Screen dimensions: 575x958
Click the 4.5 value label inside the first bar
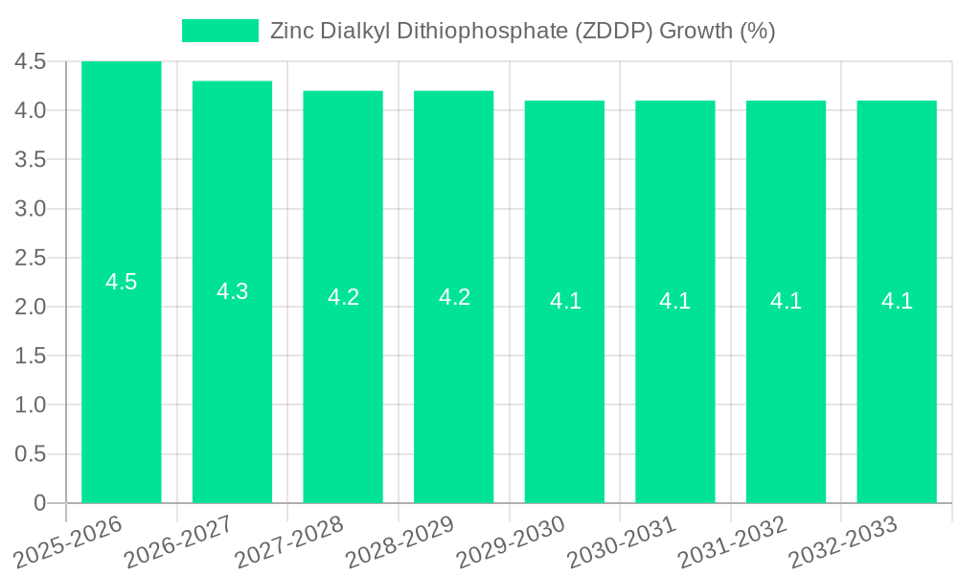tap(122, 282)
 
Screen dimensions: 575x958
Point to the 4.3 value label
tap(232, 291)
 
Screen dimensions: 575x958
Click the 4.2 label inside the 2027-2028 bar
tap(343, 297)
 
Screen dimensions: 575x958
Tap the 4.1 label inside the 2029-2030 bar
tap(565, 301)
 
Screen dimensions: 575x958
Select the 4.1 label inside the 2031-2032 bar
tap(786, 301)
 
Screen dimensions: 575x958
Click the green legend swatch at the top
tap(220, 31)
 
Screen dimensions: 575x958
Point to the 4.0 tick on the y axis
tap(31, 110)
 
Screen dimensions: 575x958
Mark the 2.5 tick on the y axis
tap(31, 258)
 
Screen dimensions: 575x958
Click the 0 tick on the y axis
tap(39, 503)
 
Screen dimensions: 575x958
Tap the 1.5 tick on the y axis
tap(31, 356)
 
